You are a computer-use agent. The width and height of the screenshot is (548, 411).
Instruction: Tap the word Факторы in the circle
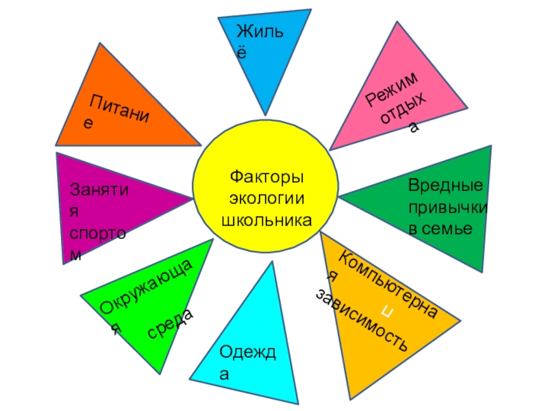[266, 177]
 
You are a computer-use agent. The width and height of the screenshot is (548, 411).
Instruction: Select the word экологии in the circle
[266, 199]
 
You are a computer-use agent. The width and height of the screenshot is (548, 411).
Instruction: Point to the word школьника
[266, 221]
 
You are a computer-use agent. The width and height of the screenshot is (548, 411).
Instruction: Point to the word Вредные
[446, 186]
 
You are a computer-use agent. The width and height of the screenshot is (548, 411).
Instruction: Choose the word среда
[171, 323]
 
